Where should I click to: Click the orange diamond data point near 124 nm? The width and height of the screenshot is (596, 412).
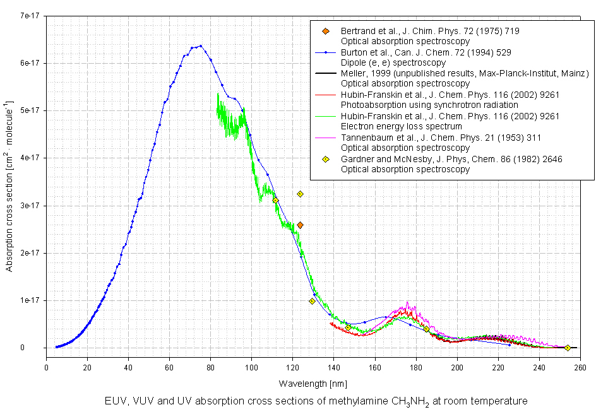pyautogui.click(x=301, y=225)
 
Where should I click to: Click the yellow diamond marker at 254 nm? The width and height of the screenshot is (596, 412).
pyautogui.click(x=568, y=348)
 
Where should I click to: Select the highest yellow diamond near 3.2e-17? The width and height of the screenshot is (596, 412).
pyautogui.click(x=301, y=194)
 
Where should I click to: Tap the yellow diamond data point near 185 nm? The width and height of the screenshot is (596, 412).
pyautogui.click(x=427, y=329)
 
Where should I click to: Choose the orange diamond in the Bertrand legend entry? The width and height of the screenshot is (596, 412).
pyautogui.click(x=326, y=31)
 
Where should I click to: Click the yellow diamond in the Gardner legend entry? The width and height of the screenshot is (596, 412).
pyautogui.click(x=326, y=159)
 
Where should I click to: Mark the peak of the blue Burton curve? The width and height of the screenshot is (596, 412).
pyautogui.click(x=200, y=45)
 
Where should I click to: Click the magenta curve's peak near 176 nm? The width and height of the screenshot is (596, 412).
pyautogui.click(x=408, y=302)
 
